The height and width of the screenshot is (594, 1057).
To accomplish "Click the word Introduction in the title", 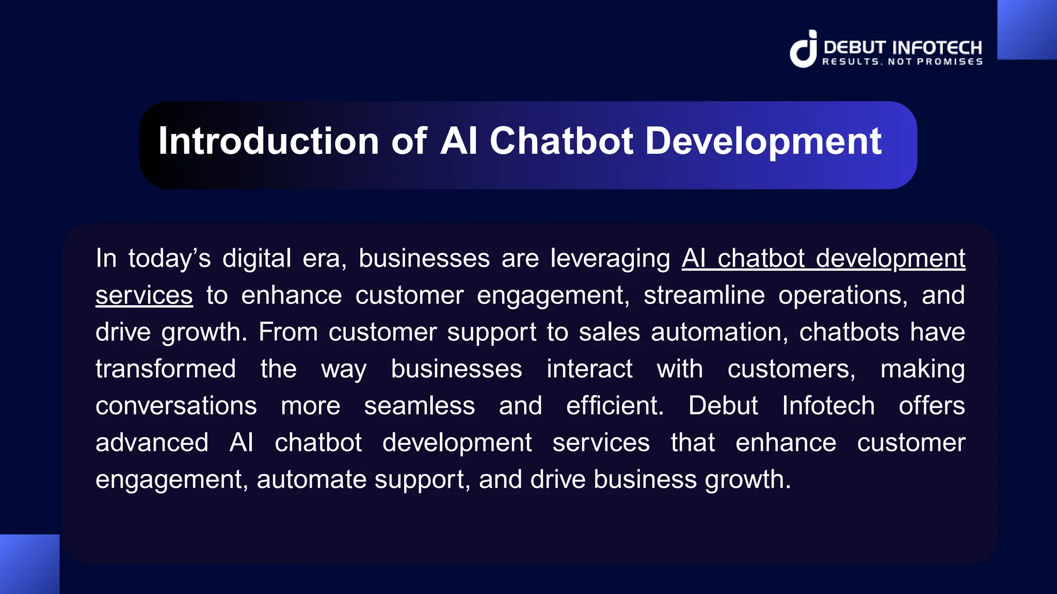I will click(x=268, y=141).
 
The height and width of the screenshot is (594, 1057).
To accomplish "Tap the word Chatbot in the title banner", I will click(x=561, y=141).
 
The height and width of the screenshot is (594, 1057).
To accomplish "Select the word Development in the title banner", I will click(x=763, y=142).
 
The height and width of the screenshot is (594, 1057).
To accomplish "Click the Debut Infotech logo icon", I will click(x=804, y=49).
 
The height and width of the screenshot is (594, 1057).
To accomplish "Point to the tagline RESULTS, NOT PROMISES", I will click(x=902, y=62).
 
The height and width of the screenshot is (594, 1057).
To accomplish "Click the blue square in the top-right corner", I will click(x=1027, y=29).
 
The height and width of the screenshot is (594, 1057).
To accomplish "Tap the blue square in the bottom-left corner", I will click(x=29, y=564).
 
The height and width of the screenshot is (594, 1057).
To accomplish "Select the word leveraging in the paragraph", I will click(x=610, y=258).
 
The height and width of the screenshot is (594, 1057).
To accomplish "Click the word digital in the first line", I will click(x=257, y=258).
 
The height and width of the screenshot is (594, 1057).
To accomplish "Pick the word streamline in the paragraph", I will click(x=704, y=295).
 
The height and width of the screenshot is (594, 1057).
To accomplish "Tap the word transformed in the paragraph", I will click(x=166, y=369).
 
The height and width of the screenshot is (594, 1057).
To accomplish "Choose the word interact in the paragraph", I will click(x=589, y=369).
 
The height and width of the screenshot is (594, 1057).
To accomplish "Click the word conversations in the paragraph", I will click(x=176, y=406).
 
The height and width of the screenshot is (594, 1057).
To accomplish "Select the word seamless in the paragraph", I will click(x=419, y=406).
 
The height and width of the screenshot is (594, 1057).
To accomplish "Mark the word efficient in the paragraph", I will click(x=614, y=406).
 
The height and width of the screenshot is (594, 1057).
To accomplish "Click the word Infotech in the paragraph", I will click(x=828, y=406).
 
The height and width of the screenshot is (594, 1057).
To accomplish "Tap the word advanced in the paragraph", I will click(x=152, y=443).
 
